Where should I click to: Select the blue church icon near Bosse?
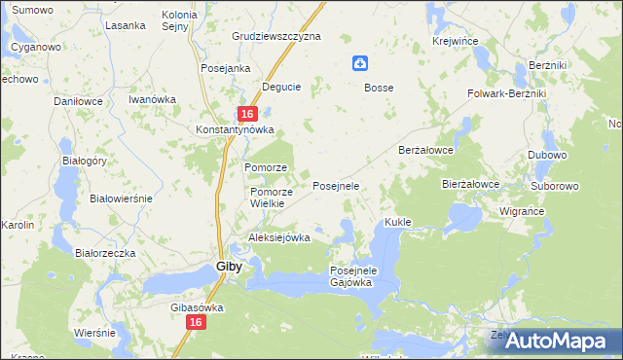[x=360, y=64]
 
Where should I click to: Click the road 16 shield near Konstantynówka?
[x=247, y=114]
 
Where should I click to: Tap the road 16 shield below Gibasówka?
[x=196, y=322]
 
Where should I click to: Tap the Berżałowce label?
[x=427, y=151]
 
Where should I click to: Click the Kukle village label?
[x=398, y=222]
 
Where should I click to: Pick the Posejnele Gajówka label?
[x=352, y=275]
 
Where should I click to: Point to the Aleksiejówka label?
[x=279, y=237]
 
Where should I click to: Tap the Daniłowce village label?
[x=79, y=101]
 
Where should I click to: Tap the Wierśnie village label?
[x=95, y=332]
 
